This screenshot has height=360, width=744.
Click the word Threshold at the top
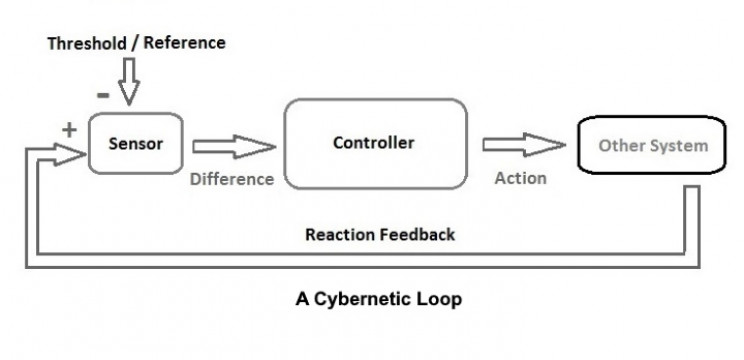[x=87, y=43]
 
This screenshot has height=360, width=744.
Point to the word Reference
[x=184, y=43]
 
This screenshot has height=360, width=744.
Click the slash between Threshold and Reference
[x=135, y=43]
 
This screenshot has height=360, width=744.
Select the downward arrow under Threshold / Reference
[x=129, y=81]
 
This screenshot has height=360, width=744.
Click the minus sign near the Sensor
[x=103, y=95]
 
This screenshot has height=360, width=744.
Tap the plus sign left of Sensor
[x=69, y=129]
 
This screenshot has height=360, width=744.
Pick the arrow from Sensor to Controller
[x=234, y=147]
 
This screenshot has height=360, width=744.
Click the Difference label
[x=232, y=179]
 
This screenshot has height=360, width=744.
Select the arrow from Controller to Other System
[x=524, y=145]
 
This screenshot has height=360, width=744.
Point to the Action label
[x=521, y=178]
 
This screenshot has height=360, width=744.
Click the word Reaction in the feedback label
[x=335, y=234]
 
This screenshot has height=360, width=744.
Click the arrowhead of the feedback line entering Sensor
[x=71, y=154]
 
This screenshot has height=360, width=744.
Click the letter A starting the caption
[x=303, y=299]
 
